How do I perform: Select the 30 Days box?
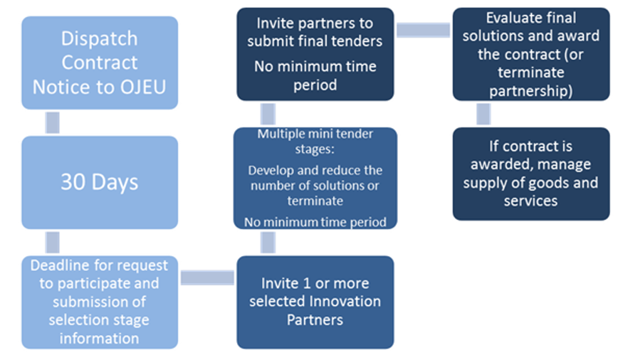pyautogui.click(x=100, y=182)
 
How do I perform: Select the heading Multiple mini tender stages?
pyautogui.click(x=315, y=140)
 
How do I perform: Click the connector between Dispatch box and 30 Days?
pyautogui.click(x=52, y=122)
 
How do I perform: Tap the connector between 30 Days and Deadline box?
pyautogui.click(x=52, y=242)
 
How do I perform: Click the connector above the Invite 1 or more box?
pyautogui.click(x=268, y=242)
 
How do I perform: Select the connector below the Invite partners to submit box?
pyautogui.click(x=268, y=114)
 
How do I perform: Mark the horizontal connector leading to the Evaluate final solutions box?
pyautogui.click(x=423, y=30)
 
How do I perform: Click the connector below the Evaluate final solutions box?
pyautogui.click(x=483, y=114)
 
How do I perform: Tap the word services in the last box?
pyautogui.click(x=530, y=201)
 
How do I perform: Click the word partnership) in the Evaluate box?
pyautogui.click(x=530, y=90)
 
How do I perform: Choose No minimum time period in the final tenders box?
pyautogui.click(x=315, y=75)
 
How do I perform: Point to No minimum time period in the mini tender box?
pyautogui.click(x=315, y=222)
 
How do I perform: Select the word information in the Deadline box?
pyautogui.click(x=99, y=338)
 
